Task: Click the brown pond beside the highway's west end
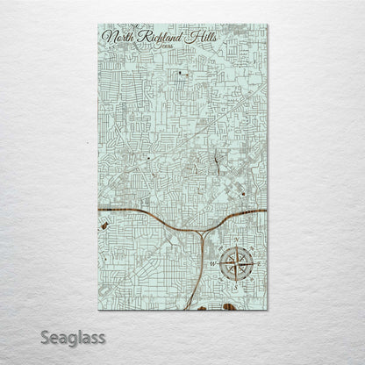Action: tap(105, 224)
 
